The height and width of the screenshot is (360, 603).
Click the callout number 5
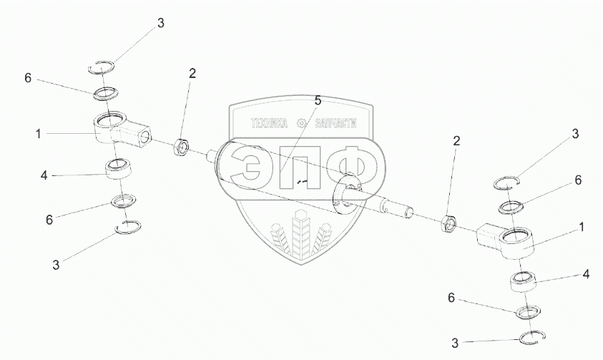(318, 100)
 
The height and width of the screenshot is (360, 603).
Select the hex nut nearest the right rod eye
(450, 223)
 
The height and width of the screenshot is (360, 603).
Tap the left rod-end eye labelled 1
(114, 128)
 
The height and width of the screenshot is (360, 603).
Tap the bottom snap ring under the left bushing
(129, 227)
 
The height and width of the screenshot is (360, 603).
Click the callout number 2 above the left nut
(192, 73)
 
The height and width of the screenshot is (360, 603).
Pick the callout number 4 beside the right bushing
(586, 273)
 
